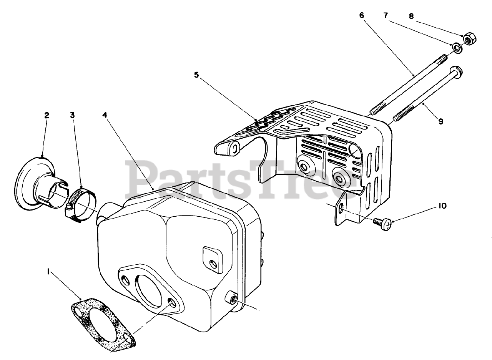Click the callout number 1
click(48, 272)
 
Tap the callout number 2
click(47, 115)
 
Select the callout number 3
click(73, 115)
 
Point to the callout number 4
click(105, 115)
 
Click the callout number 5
click(196, 75)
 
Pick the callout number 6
click(361, 15)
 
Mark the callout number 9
click(441, 121)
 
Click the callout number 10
click(442, 206)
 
